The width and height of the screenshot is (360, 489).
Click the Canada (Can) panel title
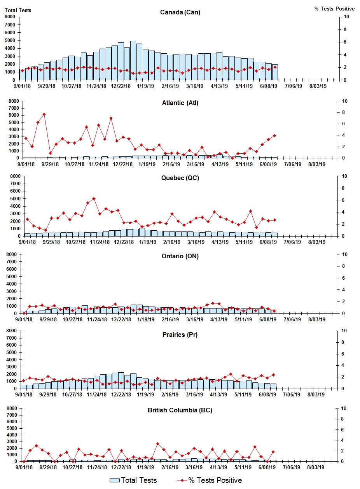180,12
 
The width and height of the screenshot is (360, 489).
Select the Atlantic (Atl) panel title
180,103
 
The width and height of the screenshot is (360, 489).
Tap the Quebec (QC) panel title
180,178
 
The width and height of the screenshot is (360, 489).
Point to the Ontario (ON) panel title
180,256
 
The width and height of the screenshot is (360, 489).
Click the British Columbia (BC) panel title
180,410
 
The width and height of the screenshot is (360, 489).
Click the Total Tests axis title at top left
18,10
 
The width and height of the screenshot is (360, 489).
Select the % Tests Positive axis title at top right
334,9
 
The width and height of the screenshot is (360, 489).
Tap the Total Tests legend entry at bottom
133,480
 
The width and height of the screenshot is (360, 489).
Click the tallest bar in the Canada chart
133,60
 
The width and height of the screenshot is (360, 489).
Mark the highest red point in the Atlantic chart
44,114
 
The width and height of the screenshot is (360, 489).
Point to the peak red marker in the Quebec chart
94,199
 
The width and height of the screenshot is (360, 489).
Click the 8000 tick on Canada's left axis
10,17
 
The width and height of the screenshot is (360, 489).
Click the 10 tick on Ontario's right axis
344,254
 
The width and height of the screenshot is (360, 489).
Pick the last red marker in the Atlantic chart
274,135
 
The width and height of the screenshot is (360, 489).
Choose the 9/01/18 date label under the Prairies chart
23,394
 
